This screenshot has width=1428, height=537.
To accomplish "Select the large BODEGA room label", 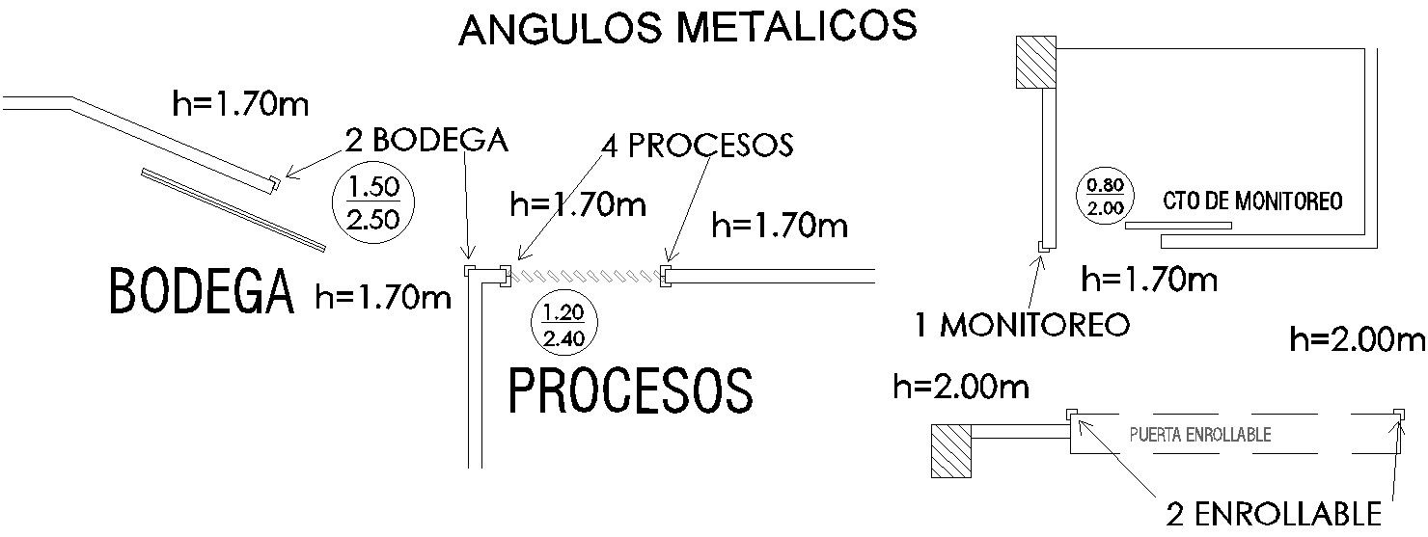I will [201, 292].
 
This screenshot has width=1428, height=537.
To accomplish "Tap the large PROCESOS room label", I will [630, 390].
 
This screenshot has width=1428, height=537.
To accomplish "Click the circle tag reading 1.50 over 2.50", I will [372, 203].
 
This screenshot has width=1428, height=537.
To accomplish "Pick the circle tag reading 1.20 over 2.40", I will [563, 326].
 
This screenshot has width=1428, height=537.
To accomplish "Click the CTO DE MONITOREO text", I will [1252, 202].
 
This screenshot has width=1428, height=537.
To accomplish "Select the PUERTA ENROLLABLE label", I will [1199, 435].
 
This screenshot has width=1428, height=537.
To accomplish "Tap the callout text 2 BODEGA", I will [426, 141].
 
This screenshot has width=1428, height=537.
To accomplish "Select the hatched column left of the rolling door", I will [950, 449].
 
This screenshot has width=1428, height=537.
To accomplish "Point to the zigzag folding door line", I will [587, 277].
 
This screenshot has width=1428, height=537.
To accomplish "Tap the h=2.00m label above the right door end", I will [1357, 339].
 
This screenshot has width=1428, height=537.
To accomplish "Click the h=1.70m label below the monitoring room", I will [1149, 281].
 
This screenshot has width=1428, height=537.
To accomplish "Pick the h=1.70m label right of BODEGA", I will [383, 298].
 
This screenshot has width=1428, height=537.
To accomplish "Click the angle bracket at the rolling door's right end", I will [1397, 415].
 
